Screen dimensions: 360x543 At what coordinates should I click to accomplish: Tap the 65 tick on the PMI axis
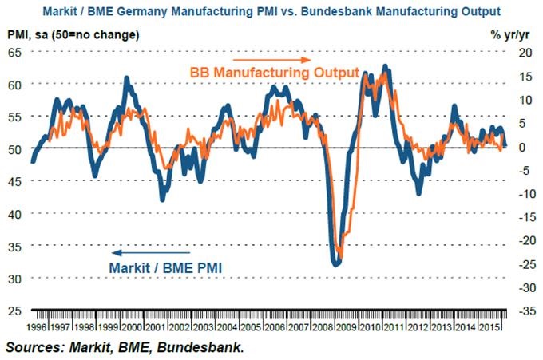click(15, 52)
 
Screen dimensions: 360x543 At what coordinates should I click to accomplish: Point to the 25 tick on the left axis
click(15, 310)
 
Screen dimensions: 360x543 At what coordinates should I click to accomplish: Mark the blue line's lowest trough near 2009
click(336, 263)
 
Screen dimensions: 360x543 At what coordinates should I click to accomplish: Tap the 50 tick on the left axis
click(15, 148)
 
